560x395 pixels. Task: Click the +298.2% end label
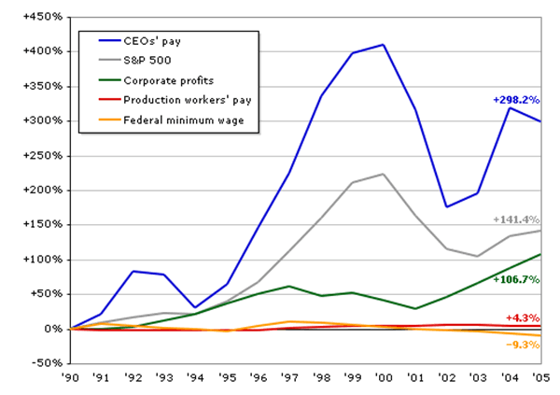click(516, 99)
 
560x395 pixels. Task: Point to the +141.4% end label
click(516, 220)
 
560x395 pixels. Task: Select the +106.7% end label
click(516, 279)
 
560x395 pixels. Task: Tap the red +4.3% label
click(522, 318)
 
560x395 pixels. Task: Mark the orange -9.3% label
click(522, 345)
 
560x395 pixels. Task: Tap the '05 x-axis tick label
click(539, 378)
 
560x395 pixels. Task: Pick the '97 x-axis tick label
click(289, 378)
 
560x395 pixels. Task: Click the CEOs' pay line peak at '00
click(384, 44)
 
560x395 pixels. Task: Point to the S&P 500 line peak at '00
click(384, 174)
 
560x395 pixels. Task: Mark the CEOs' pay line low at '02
click(446, 207)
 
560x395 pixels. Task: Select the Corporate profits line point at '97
click(289, 286)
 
